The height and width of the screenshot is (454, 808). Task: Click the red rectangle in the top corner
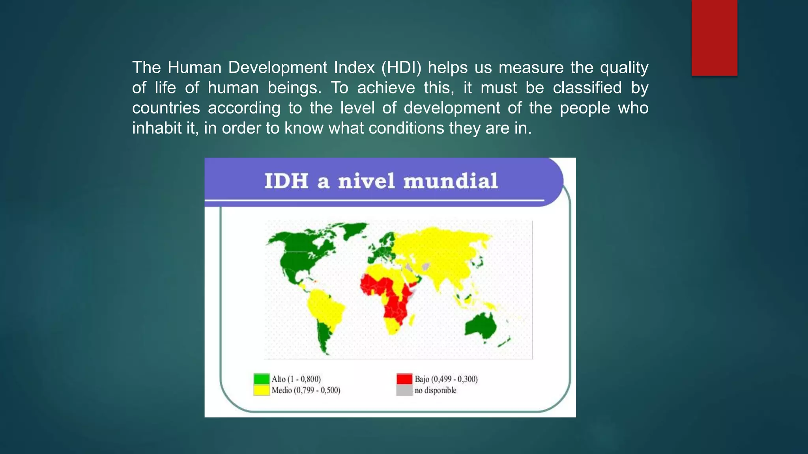click(x=714, y=37)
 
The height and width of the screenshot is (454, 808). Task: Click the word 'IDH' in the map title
click(x=286, y=181)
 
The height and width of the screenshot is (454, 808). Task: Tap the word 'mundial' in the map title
click(x=450, y=181)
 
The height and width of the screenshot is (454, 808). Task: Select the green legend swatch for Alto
click(x=261, y=379)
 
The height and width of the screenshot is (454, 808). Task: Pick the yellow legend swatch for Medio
click(x=261, y=390)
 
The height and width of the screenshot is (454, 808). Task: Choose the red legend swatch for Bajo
click(x=404, y=379)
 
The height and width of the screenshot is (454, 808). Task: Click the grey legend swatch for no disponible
click(x=404, y=390)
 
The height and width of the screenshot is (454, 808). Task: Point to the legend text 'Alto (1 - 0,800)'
click(x=296, y=379)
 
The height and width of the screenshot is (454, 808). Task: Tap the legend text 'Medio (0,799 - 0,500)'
click(x=306, y=391)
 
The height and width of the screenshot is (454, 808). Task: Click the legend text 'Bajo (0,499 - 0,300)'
click(x=446, y=379)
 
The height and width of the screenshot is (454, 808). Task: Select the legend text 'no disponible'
click(x=435, y=391)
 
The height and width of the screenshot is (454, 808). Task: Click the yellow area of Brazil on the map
click(x=325, y=307)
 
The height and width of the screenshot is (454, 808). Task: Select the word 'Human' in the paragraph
click(x=195, y=67)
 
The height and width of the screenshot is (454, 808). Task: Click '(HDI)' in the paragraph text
click(x=401, y=67)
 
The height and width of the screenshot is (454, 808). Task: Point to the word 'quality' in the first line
click(x=624, y=67)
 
